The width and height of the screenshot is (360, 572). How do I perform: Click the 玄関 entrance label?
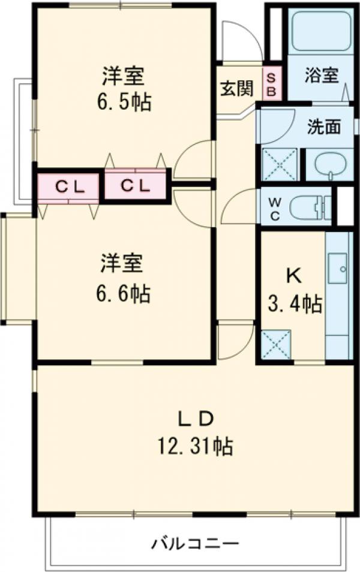(236, 88)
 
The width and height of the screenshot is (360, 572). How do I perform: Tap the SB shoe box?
(271, 83)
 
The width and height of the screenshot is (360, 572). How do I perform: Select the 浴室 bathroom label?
(321, 76)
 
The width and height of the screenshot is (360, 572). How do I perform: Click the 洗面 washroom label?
(324, 127)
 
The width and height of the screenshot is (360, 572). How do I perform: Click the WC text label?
(273, 207)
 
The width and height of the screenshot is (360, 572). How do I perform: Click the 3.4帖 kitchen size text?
(294, 305)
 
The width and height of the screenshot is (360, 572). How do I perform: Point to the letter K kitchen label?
(293, 276)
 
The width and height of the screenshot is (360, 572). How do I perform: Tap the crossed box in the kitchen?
(275, 345)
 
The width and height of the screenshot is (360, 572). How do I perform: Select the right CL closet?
(135, 186)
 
